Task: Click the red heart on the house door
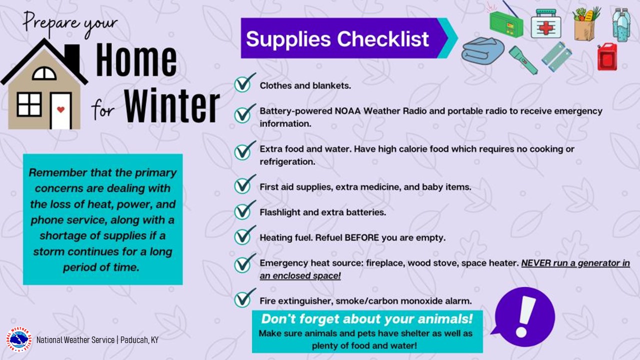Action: click(x=60, y=109)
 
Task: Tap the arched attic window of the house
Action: click(x=44, y=73)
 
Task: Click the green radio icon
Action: click(x=506, y=21)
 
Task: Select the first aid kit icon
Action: click(x=545, y=23)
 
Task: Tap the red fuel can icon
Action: click(x=607, y=56)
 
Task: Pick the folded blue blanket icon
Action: click(x=483, y=50)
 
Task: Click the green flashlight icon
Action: click(x=523, y=59)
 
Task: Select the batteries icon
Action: click(x=556, y=56)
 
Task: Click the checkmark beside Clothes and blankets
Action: click(x=244, y=83)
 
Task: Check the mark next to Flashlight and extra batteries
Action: click(x=244, y=209)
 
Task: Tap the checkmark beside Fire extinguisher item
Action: click(x=244, y=298)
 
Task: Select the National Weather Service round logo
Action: click(x=19, y=339)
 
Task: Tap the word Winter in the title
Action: click(x=171, y=105)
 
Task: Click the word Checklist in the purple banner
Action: click(x=383, y=39)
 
